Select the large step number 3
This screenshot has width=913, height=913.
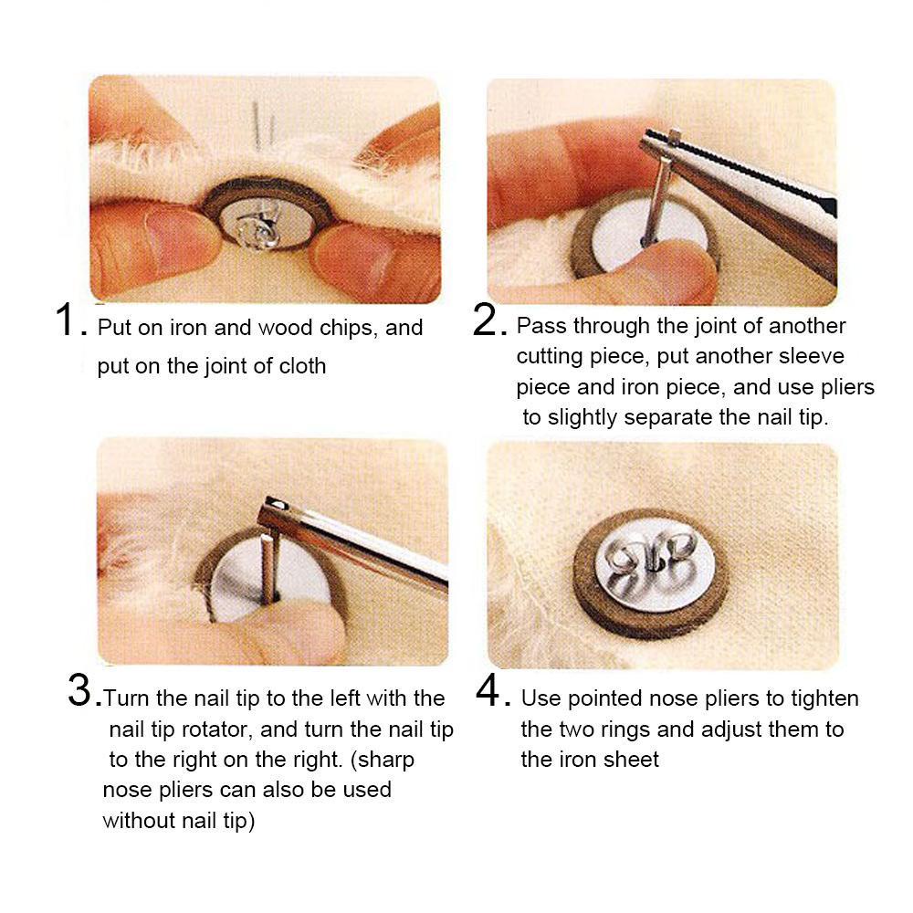click(x=79, y=689)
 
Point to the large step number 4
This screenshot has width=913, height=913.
click(x=488, y=689)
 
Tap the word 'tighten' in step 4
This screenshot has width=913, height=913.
click(x=824, y=698)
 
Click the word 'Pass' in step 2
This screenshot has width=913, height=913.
click(x=541, y=326)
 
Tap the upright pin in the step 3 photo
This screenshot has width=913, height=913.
click(x=268, y=567)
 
